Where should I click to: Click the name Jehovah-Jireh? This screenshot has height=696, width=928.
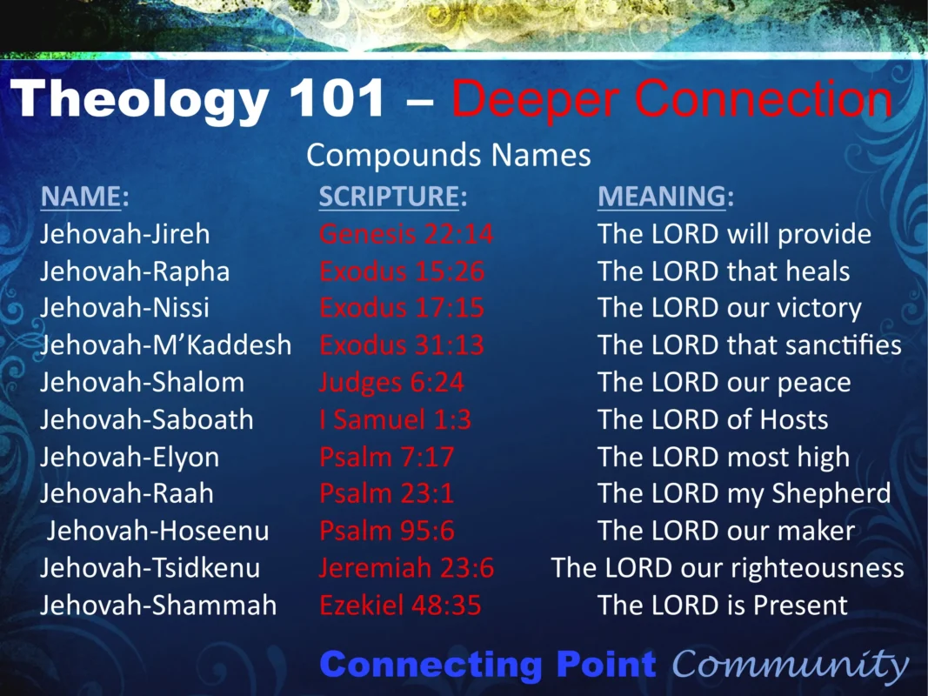[x=124, y=234]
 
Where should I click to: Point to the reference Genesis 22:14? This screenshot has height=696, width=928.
[x=406, y=234]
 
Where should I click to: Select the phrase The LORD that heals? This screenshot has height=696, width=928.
[x=724, y=271]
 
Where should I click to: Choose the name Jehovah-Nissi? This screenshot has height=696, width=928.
[x=124, y=308]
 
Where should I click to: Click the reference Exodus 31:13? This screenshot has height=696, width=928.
[x=402, y=345]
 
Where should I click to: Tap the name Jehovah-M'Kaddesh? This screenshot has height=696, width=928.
[x=165, y=345]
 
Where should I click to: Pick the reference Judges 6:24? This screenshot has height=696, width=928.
[x=391, y=383]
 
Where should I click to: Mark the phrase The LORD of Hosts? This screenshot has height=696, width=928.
[x=712, y=419]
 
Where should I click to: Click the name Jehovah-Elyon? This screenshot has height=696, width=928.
[x=130, y=457]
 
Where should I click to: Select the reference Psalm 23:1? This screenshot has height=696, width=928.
[x=386, y=493]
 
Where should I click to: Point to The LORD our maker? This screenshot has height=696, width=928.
[x=726, y=531]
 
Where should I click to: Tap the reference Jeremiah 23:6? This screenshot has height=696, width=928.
[x=406, y=568]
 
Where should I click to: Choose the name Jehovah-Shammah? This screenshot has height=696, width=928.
[x=158, y=605]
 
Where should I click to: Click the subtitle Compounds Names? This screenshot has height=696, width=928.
[x=448, y=155]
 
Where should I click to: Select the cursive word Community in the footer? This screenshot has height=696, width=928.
[x=790, y=666]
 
